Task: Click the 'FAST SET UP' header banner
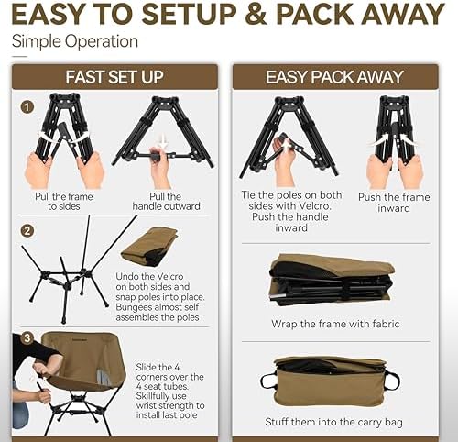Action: (x=114, y=77)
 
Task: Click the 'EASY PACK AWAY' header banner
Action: (x=340, y=77)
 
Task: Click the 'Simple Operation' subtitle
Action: (x=75, y=41)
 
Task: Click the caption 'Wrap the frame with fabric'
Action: (x=336, y=324)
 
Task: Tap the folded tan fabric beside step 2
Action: (x=149, y=246)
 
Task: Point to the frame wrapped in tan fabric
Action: (x=331, y=279)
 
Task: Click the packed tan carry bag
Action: (x=331, y=380)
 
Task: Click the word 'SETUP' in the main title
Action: (x=221, y=16)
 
